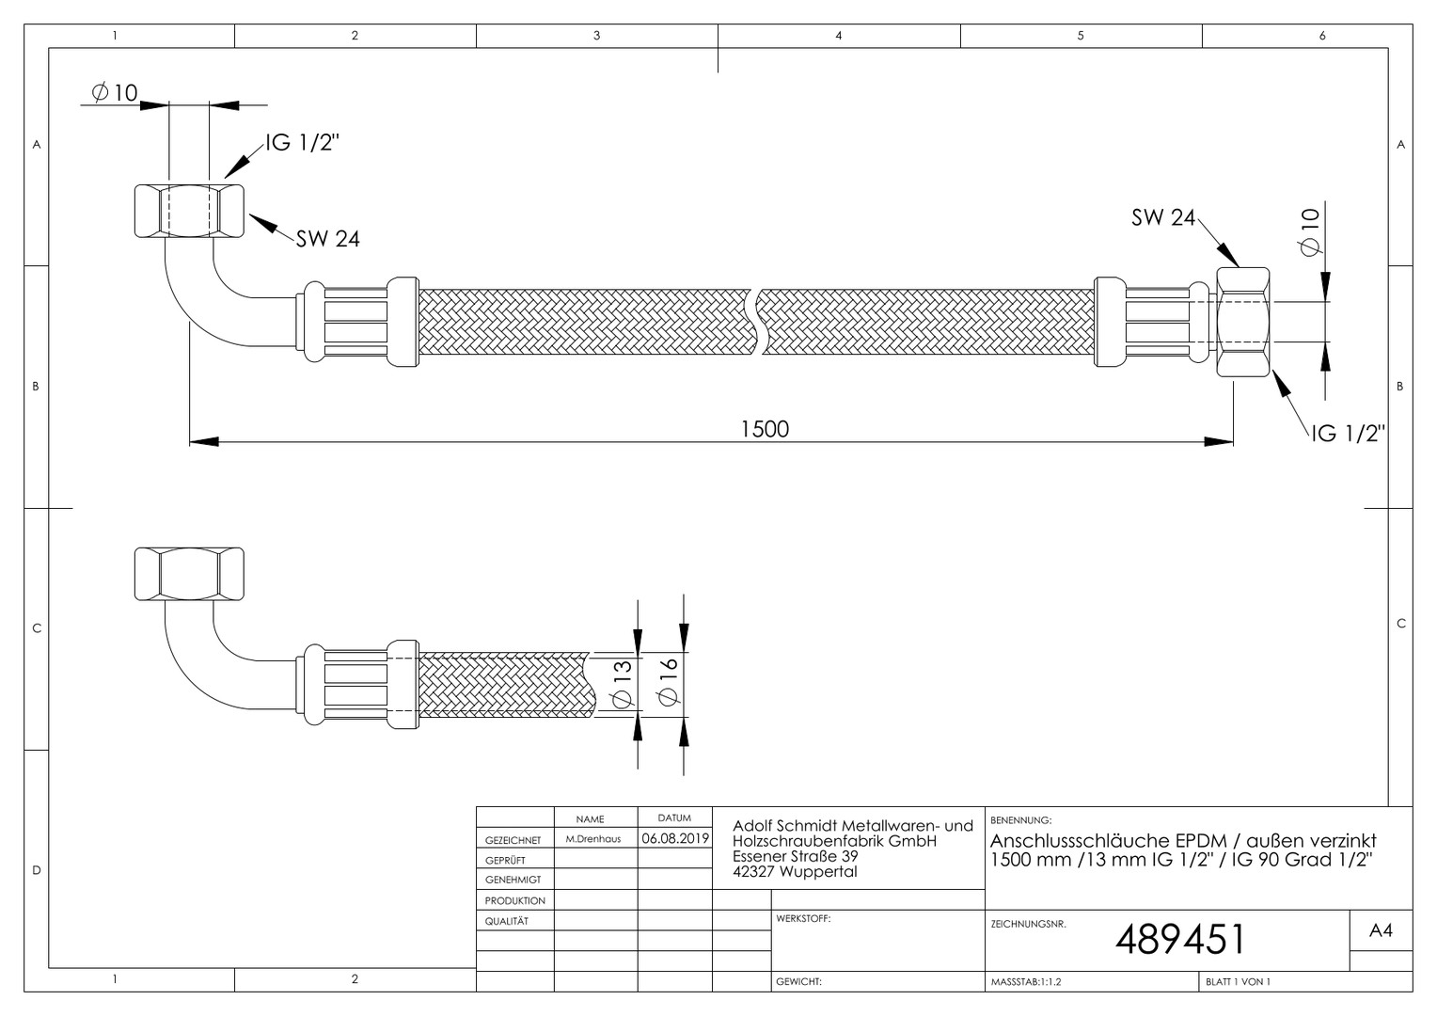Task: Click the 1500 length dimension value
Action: click(x=765, y=429)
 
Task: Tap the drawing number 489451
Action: click(x=1180, y=939)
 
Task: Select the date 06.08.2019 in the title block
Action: click(x=675, y=838)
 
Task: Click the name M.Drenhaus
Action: click(x=593, y=839)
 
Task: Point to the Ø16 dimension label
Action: click(x=668, y=681)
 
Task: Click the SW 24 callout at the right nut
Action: click(x=1163, y=217)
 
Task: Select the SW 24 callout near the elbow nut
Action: click(x=328, y=239)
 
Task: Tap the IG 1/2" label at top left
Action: click(x=302, y=142)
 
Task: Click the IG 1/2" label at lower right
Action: click(x=1349, y=434)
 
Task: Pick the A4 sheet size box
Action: click(x=1381, y=930)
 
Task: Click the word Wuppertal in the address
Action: click(x=818, y=871)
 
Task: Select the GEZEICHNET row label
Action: click(x=513, y=840)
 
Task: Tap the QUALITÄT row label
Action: click(x=507, y=921)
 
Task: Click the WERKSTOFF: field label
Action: click(x=803, y=918)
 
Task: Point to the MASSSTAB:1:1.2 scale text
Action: click(x=1026, y=982)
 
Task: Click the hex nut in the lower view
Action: click(x=189, y=574)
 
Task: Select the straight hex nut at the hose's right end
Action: click(x=1243, y=322)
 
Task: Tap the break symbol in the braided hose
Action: click(x=757, y=322)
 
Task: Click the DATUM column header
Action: click(x=674, y=818)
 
